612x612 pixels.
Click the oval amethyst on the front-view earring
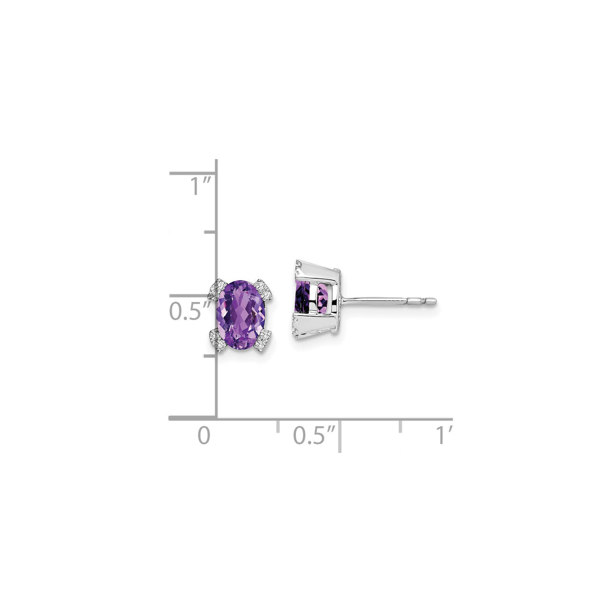coord(241,314)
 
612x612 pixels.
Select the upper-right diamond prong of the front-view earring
coord(264,289)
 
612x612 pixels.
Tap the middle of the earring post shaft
coord(373,301)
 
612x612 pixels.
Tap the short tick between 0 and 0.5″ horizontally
coord(278,425)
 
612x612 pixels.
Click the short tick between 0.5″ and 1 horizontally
coord(401,425)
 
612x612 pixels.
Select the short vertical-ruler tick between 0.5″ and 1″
coord(210,232)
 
